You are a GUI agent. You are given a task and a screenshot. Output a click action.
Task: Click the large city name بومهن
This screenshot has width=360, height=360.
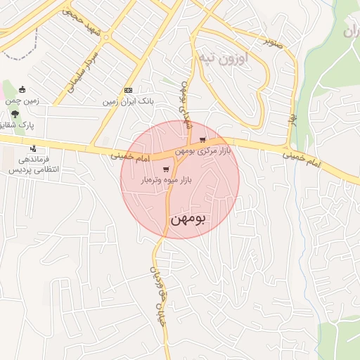click(x=188, y=219)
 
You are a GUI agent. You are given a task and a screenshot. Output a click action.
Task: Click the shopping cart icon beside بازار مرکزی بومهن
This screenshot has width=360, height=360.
click(x=203, y=140)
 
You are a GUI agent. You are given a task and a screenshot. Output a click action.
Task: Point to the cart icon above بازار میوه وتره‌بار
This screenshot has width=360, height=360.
click(x=166, y=169)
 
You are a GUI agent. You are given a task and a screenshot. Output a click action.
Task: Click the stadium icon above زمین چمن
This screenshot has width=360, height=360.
click(x=22, y=89)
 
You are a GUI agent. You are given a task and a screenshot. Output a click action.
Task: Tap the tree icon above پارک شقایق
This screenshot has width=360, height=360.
click(x=15, y=115)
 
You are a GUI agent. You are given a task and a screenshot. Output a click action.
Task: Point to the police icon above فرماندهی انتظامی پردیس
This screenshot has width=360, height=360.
click(x=33, y=148)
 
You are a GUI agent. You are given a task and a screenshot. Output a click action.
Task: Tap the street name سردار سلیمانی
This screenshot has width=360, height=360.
click(x=82, y=70)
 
